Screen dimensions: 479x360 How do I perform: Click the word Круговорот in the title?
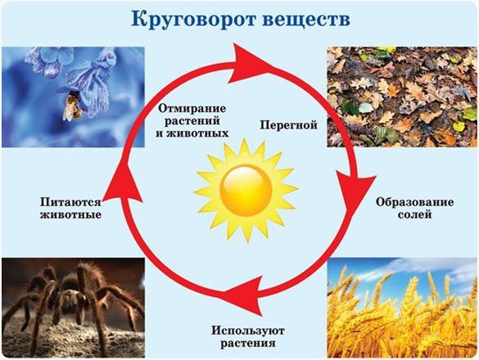click(193, 20)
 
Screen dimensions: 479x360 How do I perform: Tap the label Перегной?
click(289, 125)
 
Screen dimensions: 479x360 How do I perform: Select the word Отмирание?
click(192, 108)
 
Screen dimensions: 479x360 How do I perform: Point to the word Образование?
click(414, 202)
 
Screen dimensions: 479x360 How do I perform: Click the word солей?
click(415, 214)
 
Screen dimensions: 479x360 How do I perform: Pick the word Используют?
click(248, 331)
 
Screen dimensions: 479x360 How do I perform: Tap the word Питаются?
click(70, 202)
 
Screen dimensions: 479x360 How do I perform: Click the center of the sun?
click(246, 191)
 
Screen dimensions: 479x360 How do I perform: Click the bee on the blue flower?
click(72, 106)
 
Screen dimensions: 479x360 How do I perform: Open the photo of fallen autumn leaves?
click(402, 97)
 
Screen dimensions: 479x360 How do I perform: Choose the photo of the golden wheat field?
click(402, 308)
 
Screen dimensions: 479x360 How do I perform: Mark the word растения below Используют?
click(248, 344)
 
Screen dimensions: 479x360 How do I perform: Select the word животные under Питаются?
click(71, 214)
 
